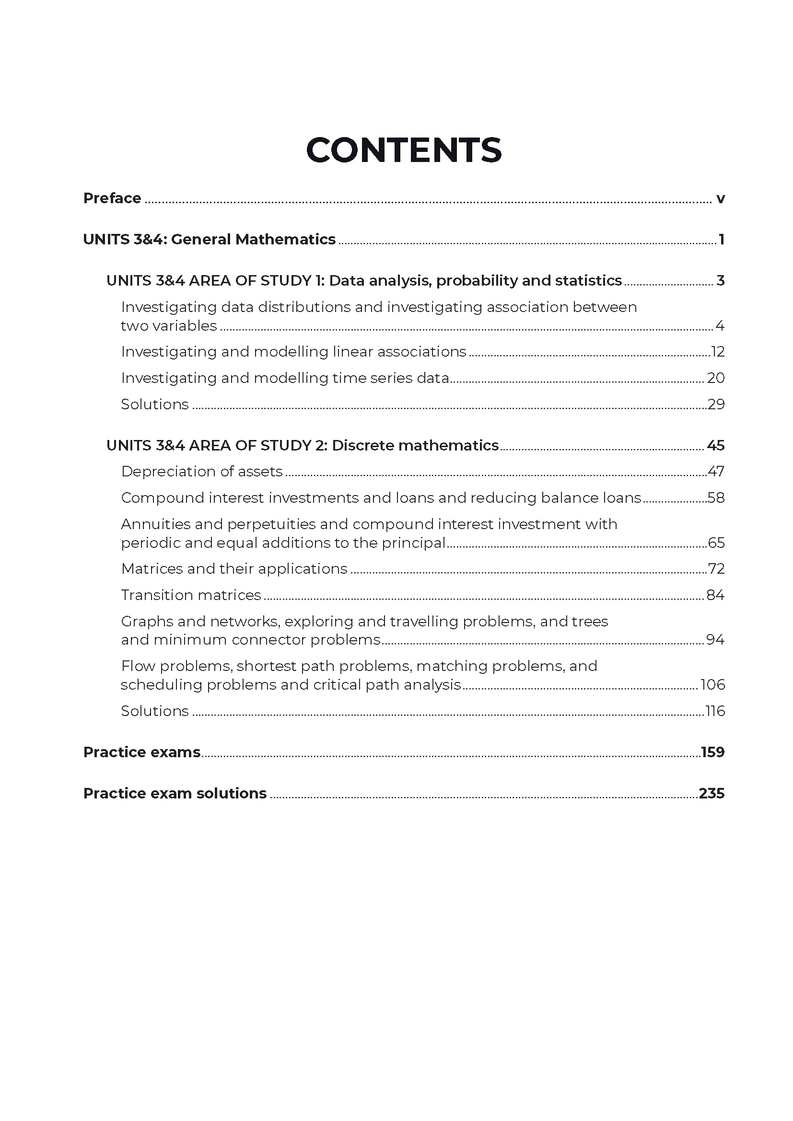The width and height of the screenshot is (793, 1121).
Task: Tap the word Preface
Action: [112, 198]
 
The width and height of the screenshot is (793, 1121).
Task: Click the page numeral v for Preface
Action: [720, 199]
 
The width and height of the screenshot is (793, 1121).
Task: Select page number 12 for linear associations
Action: [717, 352]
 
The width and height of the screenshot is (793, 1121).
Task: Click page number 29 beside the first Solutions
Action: [716, 405]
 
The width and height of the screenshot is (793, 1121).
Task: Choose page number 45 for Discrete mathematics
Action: [715, 446]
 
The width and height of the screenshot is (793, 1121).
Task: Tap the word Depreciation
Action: [168, 472]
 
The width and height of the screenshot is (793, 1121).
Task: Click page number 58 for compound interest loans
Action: [716, 498]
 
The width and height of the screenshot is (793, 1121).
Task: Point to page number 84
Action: [715, 595]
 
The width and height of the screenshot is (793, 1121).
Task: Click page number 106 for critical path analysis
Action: [713, 685]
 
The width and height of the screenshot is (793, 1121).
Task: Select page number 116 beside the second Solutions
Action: [715, 711]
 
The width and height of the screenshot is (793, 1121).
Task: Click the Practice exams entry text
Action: [141, 752]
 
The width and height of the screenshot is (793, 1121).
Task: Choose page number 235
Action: [711, 793]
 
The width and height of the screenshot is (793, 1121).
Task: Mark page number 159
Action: [712, 752]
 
